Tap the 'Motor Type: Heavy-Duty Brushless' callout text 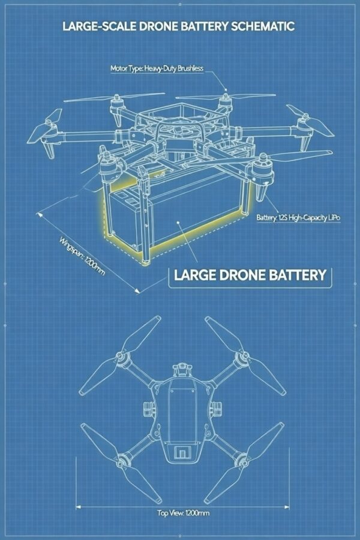click(x=157, y=69)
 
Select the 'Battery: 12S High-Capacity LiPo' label click(x=298, y=218)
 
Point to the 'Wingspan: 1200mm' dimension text click(x=83, y=257)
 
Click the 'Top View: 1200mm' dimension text click(x=183, y=513)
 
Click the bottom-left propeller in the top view click(x=102, y=444)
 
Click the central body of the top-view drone click(x=181, y=414)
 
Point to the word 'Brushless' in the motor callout click(x=190, y=69)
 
